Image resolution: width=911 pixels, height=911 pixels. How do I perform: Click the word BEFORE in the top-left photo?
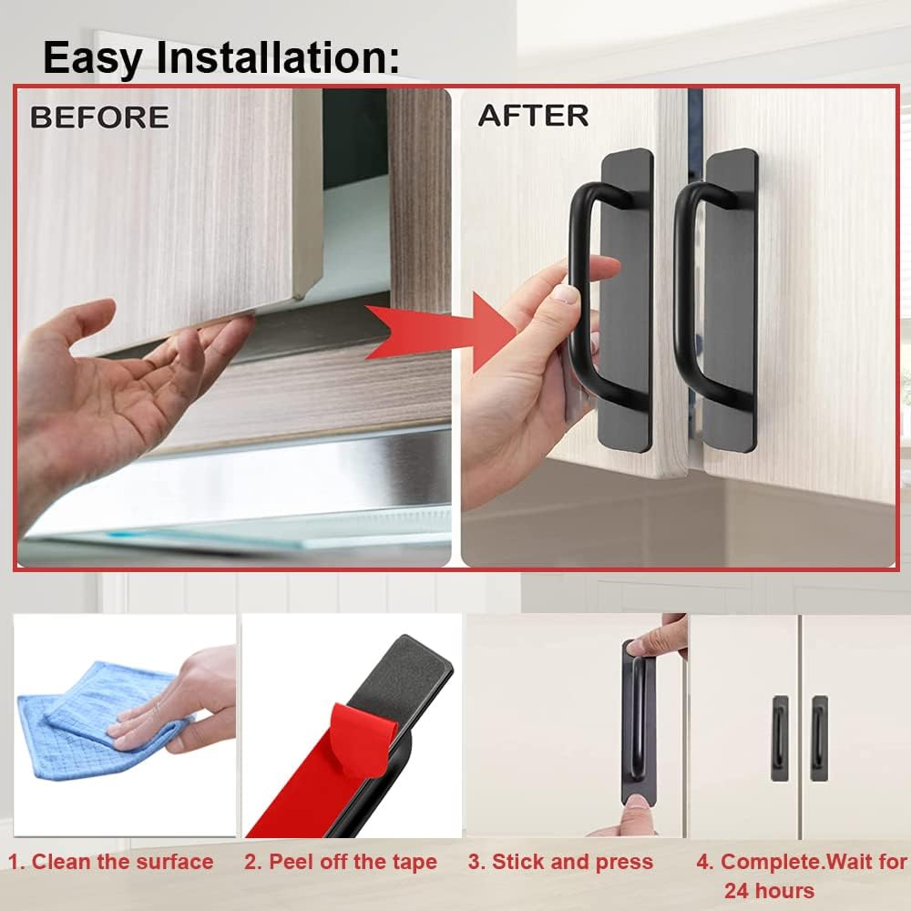click(99, 118)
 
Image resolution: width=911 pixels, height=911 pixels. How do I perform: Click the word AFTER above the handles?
click(533, 116)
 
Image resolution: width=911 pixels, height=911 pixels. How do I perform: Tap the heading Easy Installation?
click(221, 56)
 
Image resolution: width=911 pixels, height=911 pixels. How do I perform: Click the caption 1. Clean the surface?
click(111, 862)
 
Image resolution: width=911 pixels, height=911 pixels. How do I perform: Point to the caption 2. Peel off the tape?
click(340, 862)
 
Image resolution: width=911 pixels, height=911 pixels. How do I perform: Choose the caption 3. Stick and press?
click(560, 862)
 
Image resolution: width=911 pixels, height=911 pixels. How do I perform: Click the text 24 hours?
click(769, 890)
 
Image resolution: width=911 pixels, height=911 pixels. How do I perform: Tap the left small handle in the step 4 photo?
click(780, 738)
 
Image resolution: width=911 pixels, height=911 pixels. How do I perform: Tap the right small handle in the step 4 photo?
click(820, 738)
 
